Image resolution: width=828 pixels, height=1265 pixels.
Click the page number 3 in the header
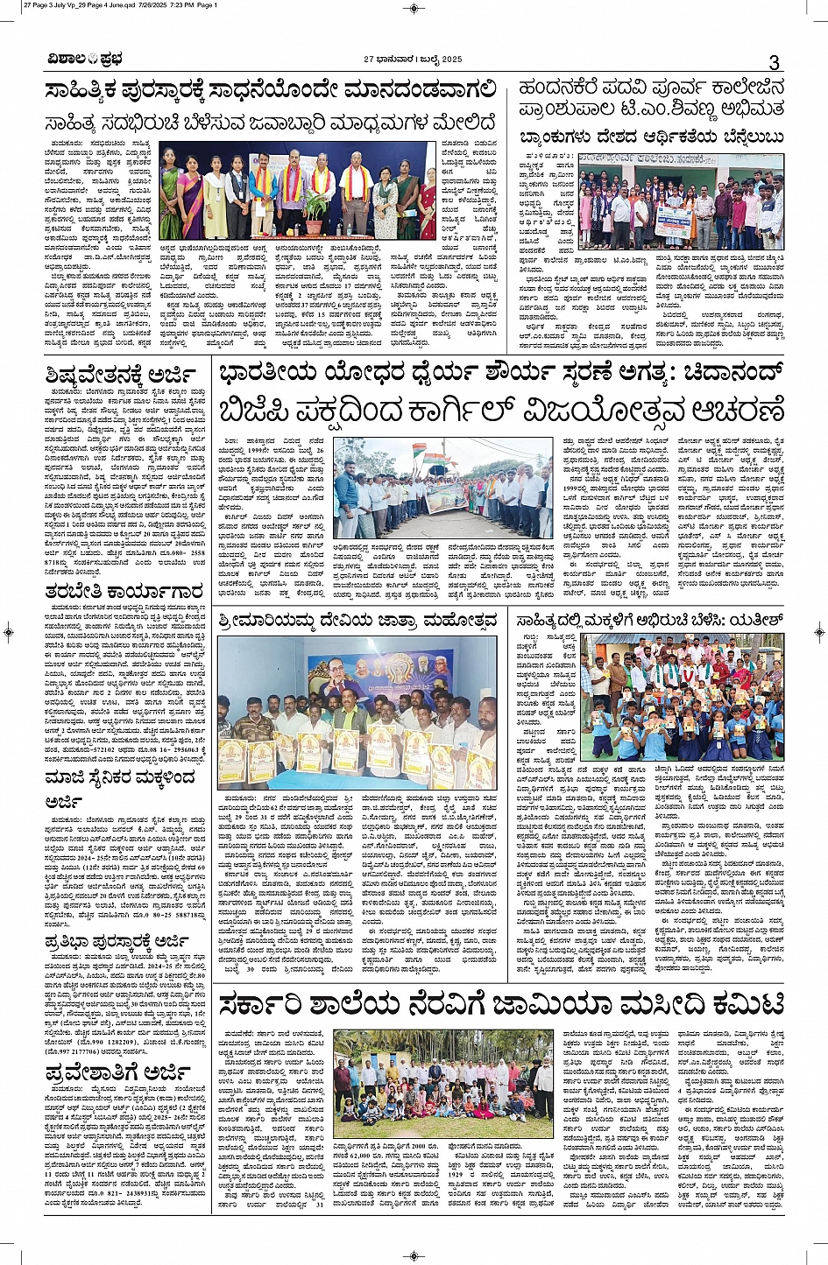pyautogui.click(x=774, y=61)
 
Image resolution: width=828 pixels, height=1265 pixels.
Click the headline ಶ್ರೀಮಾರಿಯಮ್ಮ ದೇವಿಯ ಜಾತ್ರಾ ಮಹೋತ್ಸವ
pyautogui.click(x=353, y=622)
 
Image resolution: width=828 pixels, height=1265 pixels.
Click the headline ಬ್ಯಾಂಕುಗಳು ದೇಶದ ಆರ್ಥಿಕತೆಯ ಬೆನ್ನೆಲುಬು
pyautogui.click(x=651, y=138)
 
